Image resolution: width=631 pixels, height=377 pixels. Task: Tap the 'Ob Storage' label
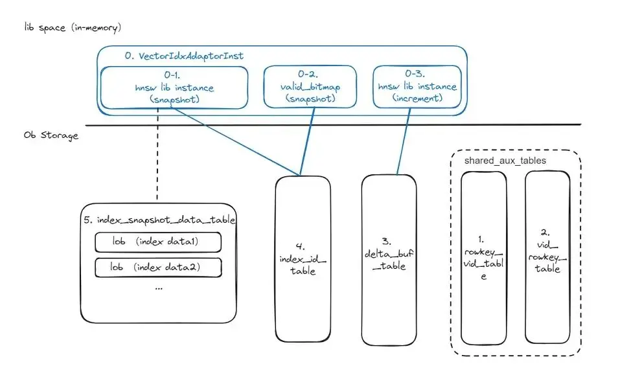pos(50,135)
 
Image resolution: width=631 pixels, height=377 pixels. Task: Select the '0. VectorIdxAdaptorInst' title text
pos(185,56)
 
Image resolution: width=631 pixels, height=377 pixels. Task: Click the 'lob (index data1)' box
pos(158,242)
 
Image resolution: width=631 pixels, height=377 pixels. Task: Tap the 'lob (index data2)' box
pos(158,267)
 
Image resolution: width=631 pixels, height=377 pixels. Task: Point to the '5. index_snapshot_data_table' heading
pos(159,220)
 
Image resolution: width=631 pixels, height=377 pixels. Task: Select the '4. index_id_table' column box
pos(303,259)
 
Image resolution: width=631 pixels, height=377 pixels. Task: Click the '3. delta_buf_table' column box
pos(389,259)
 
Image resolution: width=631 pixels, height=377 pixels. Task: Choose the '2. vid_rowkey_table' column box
pos(547,259)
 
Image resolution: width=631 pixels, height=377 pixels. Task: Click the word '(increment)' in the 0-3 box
pos(417,98)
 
